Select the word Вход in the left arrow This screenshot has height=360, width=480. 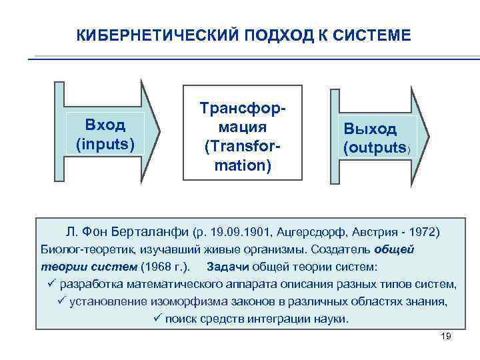click(105, 125)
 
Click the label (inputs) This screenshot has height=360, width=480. click(105, 143)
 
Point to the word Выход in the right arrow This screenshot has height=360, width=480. click(370, 129)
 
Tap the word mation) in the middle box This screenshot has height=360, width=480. click(242, 164)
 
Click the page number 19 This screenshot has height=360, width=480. click(447, 336)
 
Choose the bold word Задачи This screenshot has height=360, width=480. click(231, 267)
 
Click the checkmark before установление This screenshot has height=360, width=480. click(61, 301)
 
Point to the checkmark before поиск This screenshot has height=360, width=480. click(157, 319)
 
